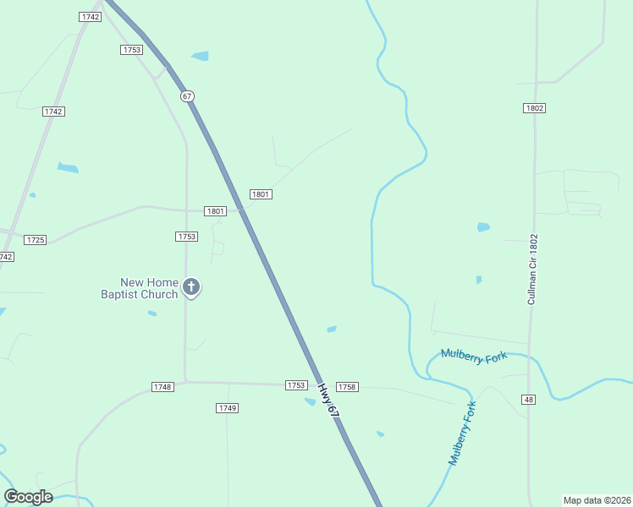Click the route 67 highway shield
(187, 96)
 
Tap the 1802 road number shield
(534, 108)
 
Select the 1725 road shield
(35, 240)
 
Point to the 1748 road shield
(162, 387)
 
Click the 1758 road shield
(347, 387)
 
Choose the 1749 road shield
(227, 408)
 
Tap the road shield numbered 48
(529, 400)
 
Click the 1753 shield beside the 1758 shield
(295, 385)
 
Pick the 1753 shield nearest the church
(187, 237)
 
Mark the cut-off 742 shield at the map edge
(6, 256)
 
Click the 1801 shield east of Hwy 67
(261, 194)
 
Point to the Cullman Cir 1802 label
(532, 270)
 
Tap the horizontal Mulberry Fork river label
(474, 357)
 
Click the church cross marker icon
(191, 288)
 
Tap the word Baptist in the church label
(123, 294)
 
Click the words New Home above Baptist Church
(149, 283)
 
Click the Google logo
(28, 497)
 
